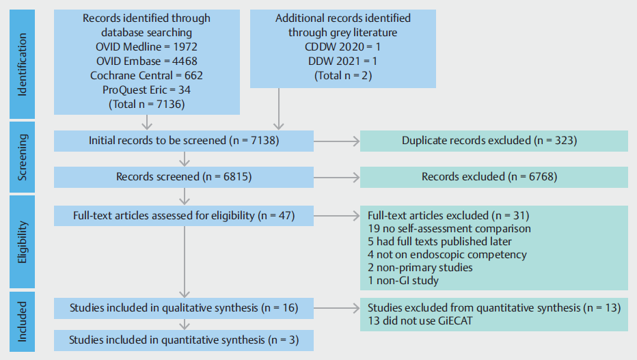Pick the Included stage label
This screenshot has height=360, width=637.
tap(23, 321)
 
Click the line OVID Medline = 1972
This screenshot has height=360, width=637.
tap(146, 46)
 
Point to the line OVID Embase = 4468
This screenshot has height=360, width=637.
tap(146, 61)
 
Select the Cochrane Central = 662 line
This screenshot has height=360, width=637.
tap(146, 75)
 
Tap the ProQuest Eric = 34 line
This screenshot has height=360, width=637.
tap(146, 89)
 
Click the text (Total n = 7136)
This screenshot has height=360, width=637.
tap(146, 104)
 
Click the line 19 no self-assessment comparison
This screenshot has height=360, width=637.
tap(449, 228)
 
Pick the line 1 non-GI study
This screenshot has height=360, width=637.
tap(403, 280)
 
